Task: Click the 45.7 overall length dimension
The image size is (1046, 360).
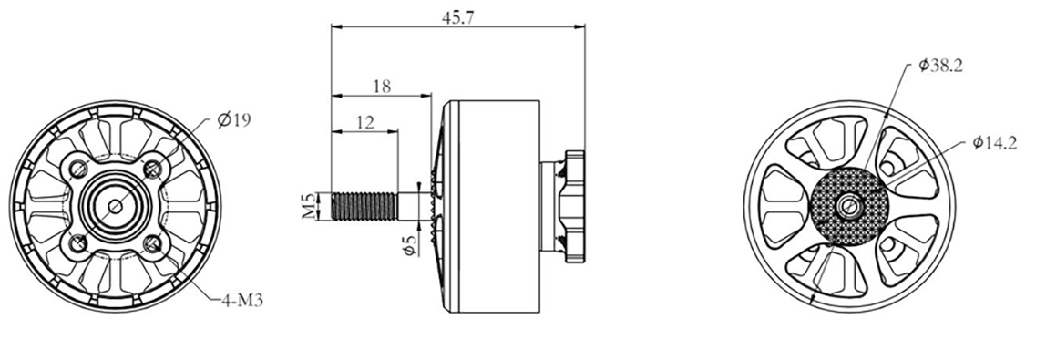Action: (x=457, y=18)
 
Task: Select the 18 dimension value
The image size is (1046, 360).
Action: (x=382, y=86)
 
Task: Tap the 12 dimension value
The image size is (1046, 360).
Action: (x=364, y=122)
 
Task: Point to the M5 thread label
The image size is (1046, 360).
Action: (x=308, y=206)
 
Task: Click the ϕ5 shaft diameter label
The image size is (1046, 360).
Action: (x=410, y=242)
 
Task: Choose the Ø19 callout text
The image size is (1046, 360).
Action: (x=233, y=120)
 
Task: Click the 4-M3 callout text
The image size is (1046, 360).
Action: (x=242, y=301)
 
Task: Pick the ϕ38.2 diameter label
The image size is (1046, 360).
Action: (x=940, y=66)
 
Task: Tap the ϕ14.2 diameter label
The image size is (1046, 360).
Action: (x=995, y=143)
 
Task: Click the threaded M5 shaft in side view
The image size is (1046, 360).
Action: (x=364, y=206)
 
